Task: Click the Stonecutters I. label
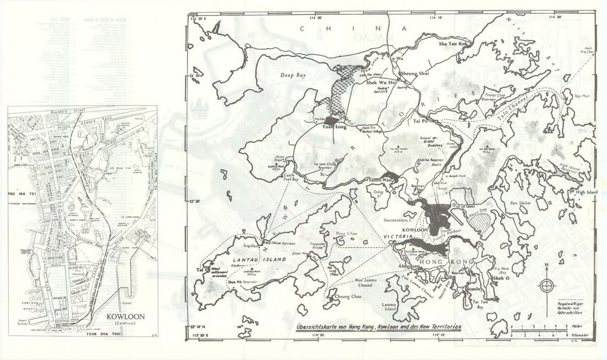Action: tap(398, 219)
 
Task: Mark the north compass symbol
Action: tap(546, 285)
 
